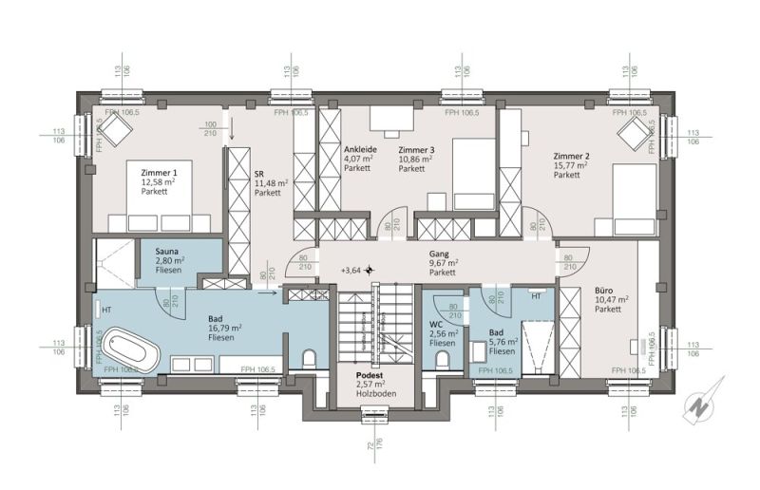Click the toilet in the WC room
coord(444,357)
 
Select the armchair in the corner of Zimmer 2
coord(631,136)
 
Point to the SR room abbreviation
coord(258,174)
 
